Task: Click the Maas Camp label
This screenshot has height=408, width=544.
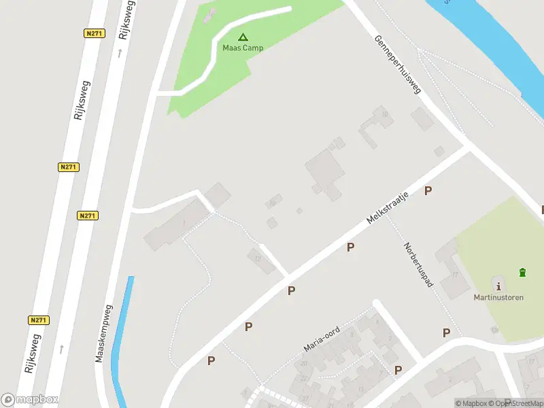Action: pyautogui.click(x=243, y=48)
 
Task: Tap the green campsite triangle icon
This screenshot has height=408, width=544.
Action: pyautogui.click(x=243, y=37)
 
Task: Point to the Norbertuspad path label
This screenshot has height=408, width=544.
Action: pyautogui.click(x=418, y=264)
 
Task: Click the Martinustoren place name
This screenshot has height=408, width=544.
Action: pyautogui.click(x=498, y=297)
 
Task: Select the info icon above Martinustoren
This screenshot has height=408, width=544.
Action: pyautogui.click(x=499, y=286)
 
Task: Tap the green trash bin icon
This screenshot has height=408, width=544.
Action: pyautogui.click(x=522, y=273)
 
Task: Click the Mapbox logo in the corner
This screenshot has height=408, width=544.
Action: pyautogui.click(x=29, y=400)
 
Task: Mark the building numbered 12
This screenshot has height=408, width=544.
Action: pyautogui.click(x=259, y=260)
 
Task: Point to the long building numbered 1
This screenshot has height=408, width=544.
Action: pyautogui.click(x=177, y=224)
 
